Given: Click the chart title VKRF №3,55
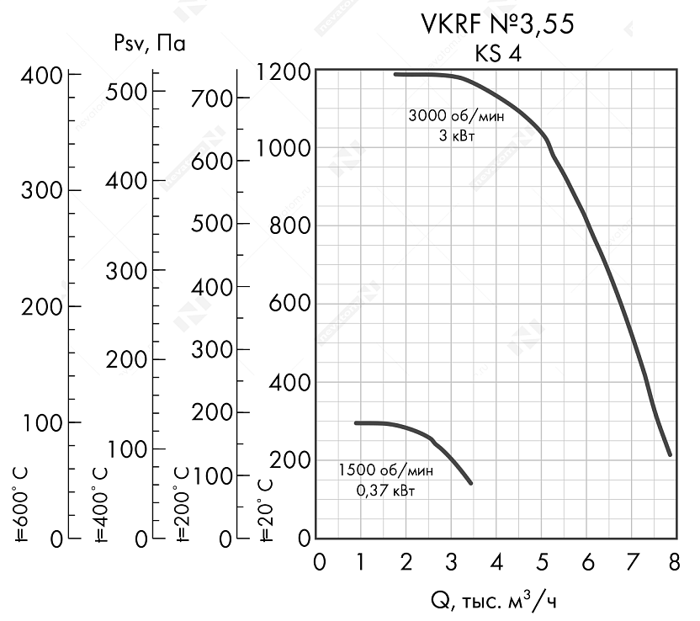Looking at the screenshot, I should (x=497, y=25).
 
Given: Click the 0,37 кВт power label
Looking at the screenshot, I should (x=385, y=491).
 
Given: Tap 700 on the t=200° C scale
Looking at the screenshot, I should (x=209, y=98).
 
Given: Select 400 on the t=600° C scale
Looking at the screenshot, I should (x=41, y=76).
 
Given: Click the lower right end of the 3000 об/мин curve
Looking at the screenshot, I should (x=670, y=454).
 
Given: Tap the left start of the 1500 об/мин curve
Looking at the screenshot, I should (x=357, y=422).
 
